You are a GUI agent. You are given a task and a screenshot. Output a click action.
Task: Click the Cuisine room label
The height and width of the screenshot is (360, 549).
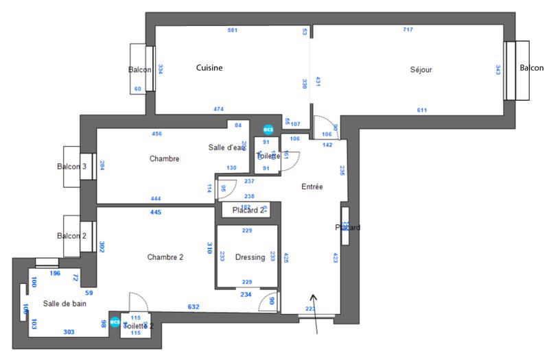pyautogui.click(x=209, y=68)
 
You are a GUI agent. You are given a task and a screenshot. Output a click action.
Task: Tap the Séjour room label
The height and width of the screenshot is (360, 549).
pyautogui.click(x=421, y=69)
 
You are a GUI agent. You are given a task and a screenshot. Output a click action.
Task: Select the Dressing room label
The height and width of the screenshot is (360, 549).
pyautogui.click(x=250, y=257)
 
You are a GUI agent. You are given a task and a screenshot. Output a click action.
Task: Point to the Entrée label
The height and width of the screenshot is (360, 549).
pyautogui.click(x=312, y=187)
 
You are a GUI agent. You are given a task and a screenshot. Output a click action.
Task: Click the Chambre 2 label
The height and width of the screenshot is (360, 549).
pyautogui.click(x=165, y=257)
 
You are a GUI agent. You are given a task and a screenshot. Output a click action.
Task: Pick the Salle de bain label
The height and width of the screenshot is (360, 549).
pyautogui.click(x=65, y=303)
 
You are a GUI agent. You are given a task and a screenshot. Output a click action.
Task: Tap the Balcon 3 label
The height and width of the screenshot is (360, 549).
pyautogui.click(x=71, y=167)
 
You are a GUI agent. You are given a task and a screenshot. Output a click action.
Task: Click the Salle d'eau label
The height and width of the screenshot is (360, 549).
pyautogui.click(x=226, y=147)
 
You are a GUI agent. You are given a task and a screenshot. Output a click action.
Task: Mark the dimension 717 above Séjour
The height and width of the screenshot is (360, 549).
pyautogui.click(x=408, y=30)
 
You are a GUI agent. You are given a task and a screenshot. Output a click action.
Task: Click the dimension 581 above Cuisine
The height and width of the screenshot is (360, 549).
pyautogui.click(x=233, y=30)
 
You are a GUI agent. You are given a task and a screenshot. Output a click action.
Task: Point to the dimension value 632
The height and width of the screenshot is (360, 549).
pyautogui.click(x=194, y=307)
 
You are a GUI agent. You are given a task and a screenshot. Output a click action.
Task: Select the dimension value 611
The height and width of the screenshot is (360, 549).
pyautogui.click(x=422, y=110)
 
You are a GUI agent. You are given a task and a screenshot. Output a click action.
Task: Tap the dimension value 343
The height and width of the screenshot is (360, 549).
pyautogui.click(x=498, y=69)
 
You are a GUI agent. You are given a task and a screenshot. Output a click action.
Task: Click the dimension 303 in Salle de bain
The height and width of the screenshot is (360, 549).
pyautogui.click(x=69, y=332)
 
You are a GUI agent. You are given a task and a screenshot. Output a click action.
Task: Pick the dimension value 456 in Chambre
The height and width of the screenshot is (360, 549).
pyautogui.click(x=156, y=134)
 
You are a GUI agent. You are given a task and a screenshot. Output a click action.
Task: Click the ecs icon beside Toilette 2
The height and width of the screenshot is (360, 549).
pyautogui.click(x=115, y=321)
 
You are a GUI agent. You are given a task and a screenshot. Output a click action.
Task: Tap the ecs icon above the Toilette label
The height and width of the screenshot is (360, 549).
pyautogui.click(x=267, y=129)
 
